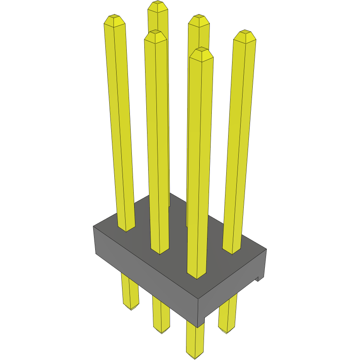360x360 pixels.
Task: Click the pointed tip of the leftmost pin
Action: (114, 18)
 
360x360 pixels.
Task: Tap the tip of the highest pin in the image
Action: (158, 4)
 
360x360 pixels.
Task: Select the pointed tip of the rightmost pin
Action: (245, 32)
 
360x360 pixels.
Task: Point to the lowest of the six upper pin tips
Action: (201, 50)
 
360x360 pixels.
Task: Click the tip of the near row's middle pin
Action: (155, 34)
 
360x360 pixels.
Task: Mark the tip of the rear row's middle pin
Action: (199, 18)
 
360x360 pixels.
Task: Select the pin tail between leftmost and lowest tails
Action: (161, 316)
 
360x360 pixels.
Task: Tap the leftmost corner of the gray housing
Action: (94, 227)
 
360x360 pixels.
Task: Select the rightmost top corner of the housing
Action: (266, 248)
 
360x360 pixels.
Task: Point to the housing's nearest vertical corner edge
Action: (199, 312)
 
